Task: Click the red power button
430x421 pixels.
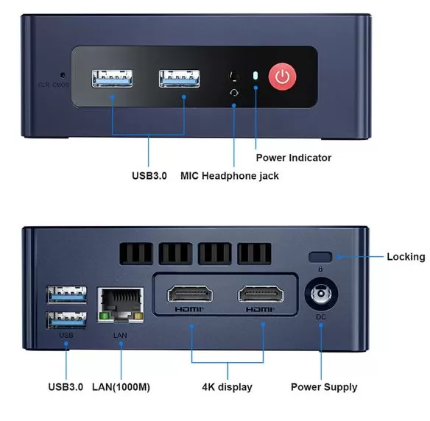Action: point(282,77)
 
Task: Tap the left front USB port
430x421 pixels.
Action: point(112,79)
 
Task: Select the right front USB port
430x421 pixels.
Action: point(180,79)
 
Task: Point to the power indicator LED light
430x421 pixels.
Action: point(255,76)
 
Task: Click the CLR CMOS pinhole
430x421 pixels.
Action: point(63,75)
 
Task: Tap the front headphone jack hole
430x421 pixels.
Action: point(234,77)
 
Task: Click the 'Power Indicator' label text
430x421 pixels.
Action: point(294,158)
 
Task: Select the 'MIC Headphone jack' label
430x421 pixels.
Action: point(230,176)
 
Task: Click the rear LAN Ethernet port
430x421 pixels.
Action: point(121,305)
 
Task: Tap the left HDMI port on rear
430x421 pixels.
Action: point(190,294)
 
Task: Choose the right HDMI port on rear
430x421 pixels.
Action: point(261,294)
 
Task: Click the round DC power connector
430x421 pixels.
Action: point(321,294)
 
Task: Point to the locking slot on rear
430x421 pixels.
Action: point(320,257)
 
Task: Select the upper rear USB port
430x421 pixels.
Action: point(67,294)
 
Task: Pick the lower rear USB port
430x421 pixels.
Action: point(67,320)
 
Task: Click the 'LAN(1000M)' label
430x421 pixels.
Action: point(121,387)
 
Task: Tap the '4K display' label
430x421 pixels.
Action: point(227,387)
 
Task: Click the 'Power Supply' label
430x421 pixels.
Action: point(324,387)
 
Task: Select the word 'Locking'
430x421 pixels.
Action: point(406,257)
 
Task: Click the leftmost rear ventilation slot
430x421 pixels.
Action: point(136,253)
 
